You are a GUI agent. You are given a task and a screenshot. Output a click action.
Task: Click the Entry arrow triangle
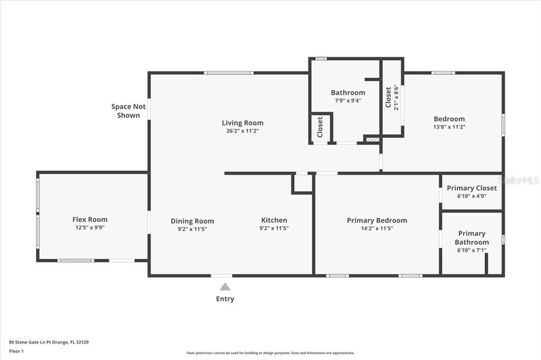tap(225, 287)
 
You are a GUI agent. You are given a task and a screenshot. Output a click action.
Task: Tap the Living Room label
tap(242, 123)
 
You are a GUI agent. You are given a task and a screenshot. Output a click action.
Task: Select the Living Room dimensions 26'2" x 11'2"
tap(242, 131)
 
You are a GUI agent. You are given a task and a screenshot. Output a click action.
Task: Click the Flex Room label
tap(90, 219)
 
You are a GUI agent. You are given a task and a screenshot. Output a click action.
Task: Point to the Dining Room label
tap(192, 221)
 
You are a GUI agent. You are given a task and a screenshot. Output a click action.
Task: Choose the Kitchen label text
tap(274, 220)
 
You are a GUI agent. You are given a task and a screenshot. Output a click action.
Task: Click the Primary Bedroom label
tap(377, 220)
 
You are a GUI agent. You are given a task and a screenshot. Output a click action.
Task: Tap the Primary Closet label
tap(472, 188)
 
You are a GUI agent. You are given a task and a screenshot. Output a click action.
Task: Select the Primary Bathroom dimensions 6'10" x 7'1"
tap(472, 250)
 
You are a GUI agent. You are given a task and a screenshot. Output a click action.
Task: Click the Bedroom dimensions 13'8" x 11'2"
tap(449, 127)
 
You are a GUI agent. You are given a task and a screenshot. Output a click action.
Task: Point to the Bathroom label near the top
tap(348, 92)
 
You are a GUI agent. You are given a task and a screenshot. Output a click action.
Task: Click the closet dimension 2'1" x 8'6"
tap(396, 97)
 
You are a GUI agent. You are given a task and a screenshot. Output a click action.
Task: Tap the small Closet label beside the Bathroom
tap(320, 127)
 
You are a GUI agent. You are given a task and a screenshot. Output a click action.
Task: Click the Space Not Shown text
tap(128, 111)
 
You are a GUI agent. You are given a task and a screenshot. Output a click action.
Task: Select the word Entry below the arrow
tap(225, 299)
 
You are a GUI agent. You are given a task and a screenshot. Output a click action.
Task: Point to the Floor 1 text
tap(16, 351)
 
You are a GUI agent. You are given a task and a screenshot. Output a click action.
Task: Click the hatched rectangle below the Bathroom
tap(372, 140)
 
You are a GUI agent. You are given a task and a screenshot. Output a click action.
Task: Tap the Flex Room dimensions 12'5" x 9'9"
tap(90, 227)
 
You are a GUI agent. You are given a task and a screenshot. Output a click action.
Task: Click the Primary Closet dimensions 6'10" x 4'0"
tap(472, 196)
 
